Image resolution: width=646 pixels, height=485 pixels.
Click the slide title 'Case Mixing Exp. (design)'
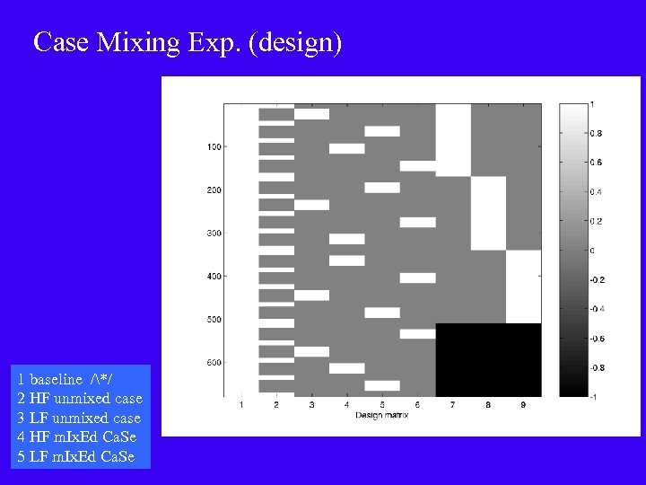coord(188,42)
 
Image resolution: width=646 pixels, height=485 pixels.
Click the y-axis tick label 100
coord(214,146)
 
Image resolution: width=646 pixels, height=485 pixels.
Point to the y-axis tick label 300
coord(214,234)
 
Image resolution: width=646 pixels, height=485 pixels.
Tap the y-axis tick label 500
coord(214,320)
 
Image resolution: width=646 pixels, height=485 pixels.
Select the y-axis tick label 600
coord(214,363)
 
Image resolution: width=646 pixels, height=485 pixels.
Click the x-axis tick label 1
coord(241,406)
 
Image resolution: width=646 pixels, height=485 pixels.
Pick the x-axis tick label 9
coord(524,406)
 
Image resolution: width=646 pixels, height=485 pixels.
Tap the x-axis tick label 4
coord(347,406)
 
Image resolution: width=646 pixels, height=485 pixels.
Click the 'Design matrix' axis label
coord(382,415)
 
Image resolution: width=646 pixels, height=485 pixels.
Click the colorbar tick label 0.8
coord(596,133)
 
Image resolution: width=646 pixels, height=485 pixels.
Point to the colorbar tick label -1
coord(593,396)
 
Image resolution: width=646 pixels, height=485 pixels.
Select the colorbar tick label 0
coord(590,250)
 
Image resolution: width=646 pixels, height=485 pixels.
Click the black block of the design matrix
coord(488,359)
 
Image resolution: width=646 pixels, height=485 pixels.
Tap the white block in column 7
coord(453,139)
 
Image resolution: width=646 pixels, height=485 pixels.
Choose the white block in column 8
coord(488,213)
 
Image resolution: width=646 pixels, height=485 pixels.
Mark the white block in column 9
coord(524,287)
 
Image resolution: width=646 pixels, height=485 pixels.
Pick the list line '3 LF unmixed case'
coord(79,418)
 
